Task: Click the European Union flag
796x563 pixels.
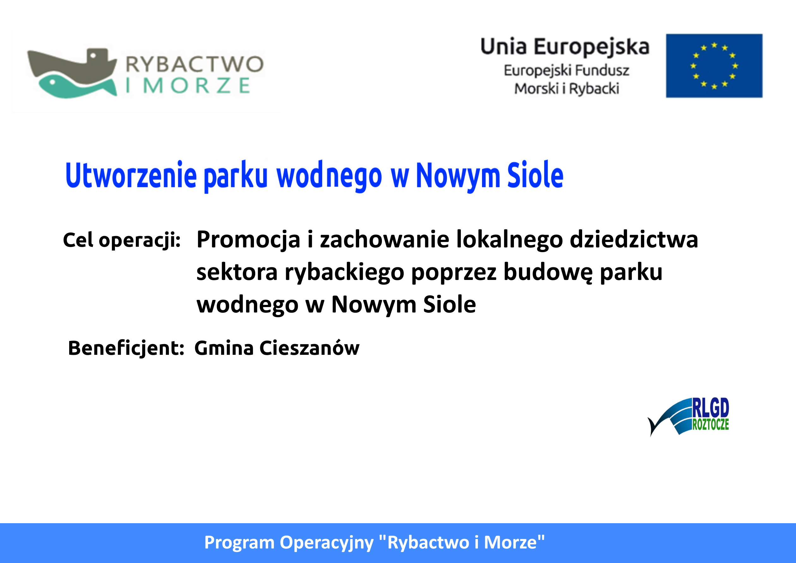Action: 714,66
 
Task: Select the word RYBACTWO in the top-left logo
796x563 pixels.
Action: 195,64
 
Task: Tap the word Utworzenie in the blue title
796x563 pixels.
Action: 131,175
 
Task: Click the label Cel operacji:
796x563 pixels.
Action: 122,240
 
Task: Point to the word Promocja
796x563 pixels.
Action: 248,240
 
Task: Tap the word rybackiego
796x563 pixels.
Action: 344,272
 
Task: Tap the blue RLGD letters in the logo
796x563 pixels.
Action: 711,408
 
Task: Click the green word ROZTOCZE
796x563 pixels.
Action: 711,424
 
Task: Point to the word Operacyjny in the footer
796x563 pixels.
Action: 326,543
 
